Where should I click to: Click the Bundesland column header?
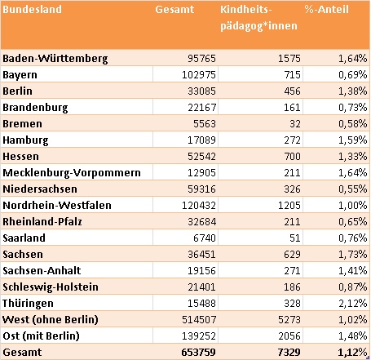(32, 10)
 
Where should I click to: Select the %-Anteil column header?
(326, 10)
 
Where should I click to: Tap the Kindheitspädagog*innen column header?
(258, 18)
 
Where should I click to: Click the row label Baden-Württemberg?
(55, 59)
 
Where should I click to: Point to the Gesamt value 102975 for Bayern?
(199, 75)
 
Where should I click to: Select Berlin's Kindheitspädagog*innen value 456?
(292, 91)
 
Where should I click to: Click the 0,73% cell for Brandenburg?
(353, 108)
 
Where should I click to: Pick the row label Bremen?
(22, 124)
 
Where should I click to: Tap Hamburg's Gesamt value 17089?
(201, 140)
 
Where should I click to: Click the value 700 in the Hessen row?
(292, 157)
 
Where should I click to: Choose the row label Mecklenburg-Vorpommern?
(72, 173)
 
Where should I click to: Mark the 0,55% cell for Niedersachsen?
(353, 189)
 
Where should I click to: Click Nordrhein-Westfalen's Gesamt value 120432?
(199, 206)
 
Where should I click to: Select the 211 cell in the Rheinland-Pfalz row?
(292, 222)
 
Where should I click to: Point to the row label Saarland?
(24, 238)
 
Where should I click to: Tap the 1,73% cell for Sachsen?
(353, 255)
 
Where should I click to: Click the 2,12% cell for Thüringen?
(353, 304)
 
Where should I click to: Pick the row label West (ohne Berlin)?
(51, 320)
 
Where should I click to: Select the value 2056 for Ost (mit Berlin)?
(289, 336)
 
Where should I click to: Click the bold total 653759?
(198, 353)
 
